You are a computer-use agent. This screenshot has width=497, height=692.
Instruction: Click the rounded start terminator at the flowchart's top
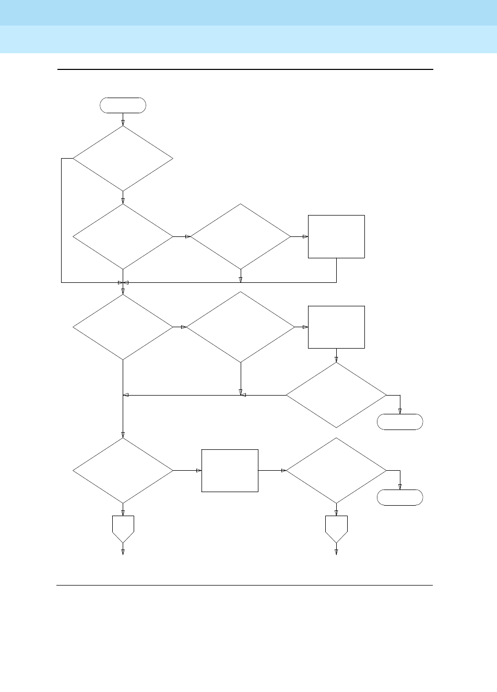click(123, 105)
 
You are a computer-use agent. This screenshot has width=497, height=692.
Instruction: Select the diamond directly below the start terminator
click(123, 158)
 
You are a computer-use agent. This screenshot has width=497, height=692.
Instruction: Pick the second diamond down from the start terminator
click(123, 236)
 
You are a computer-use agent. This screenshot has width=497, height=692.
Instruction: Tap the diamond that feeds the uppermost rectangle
click(241, 236)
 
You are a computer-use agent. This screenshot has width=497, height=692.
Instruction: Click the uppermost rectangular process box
click(336, 236)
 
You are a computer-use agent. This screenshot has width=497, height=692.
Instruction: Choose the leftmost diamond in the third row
click(123, 327)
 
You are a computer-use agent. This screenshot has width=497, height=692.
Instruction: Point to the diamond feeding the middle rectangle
click(241, 327)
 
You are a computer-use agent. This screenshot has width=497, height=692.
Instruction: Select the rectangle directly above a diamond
click(336, 327)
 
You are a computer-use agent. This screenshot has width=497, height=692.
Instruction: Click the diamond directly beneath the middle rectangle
click(336, 395)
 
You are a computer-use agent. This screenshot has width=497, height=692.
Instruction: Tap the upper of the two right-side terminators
click(400, 422)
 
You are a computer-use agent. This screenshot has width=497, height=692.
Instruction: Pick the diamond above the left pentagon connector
click(123, 471)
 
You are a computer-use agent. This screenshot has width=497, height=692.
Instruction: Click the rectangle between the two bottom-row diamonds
click(230, 471)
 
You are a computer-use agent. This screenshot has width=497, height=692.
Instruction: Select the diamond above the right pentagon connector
click(336, 471)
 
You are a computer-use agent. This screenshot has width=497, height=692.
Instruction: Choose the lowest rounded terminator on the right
click(400, 498)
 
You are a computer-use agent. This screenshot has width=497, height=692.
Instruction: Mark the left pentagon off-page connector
click(123, 528)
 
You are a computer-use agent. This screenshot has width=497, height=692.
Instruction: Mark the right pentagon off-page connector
click(336, 528)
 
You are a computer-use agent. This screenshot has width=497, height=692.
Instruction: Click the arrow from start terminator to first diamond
click(123, 120)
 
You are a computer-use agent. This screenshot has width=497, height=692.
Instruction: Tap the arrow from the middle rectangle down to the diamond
click(336, 355)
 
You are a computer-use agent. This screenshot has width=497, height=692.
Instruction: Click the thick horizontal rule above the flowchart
click(245, 69)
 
